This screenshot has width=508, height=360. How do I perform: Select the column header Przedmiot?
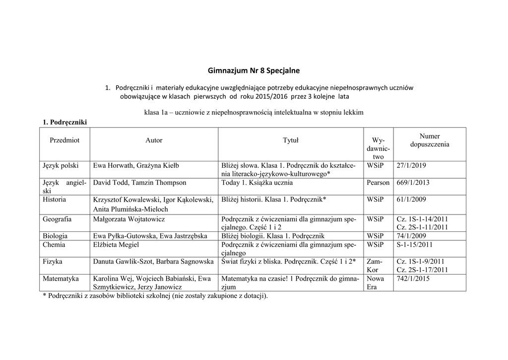coord(64,141)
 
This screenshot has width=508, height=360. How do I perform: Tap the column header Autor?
coord(154,141)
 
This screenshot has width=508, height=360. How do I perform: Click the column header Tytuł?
coord(290,141)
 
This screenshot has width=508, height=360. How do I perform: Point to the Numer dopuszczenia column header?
coord(430,140)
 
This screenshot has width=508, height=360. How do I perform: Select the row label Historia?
coord(55,199)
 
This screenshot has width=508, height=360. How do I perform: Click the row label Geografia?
coord(57,219)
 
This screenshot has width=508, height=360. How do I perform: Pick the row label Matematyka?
coord(61,279)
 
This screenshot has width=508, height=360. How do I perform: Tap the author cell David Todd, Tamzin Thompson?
coord(140,183)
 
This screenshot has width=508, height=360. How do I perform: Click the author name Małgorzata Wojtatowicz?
coord(129,219)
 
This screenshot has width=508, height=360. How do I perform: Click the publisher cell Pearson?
coord(378,183)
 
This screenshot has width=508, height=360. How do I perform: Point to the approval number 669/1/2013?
coord(413,183)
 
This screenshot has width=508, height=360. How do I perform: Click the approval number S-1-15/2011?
coord(415,245)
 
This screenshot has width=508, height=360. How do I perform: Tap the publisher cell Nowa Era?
coord(375,283)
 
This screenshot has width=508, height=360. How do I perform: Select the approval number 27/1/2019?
coord(411,165)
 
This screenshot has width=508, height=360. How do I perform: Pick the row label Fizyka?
coord(53,262)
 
